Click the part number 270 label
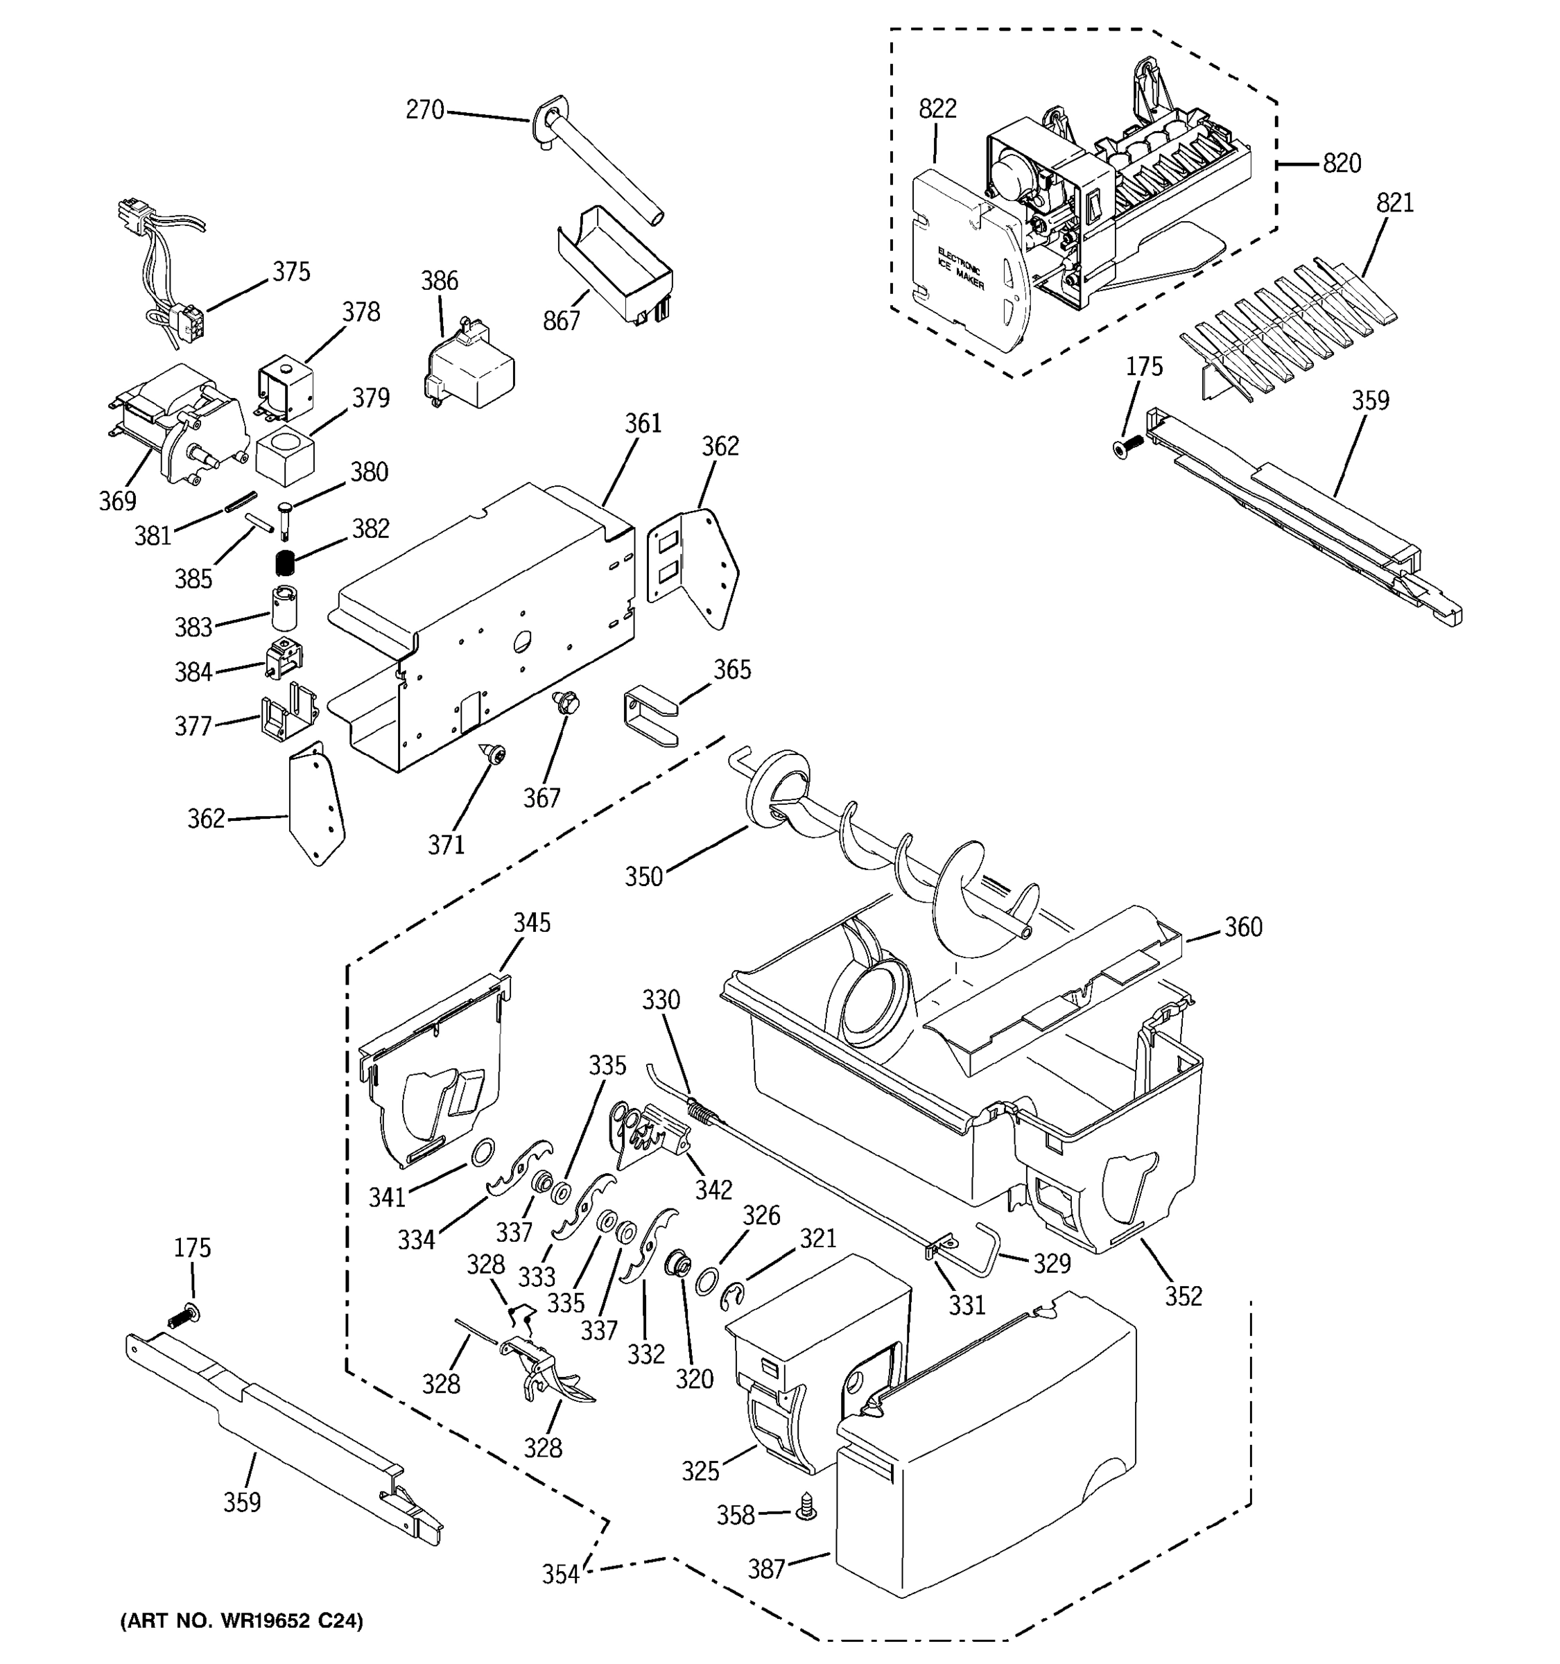pyautogui.click(x=424, y=110)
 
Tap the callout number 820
pyautogui.click(x=1342, y=163)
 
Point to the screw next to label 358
pyautogui.click(x=808, y=1508)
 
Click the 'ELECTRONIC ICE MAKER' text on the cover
pyautogui.click(x=962, y=268)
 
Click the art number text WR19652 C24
pyautogui.click(x=242, y=1621)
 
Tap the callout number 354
pyautogui.click(x=560, y=1575)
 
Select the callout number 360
pyautogui.click(x=1243, y=928)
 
